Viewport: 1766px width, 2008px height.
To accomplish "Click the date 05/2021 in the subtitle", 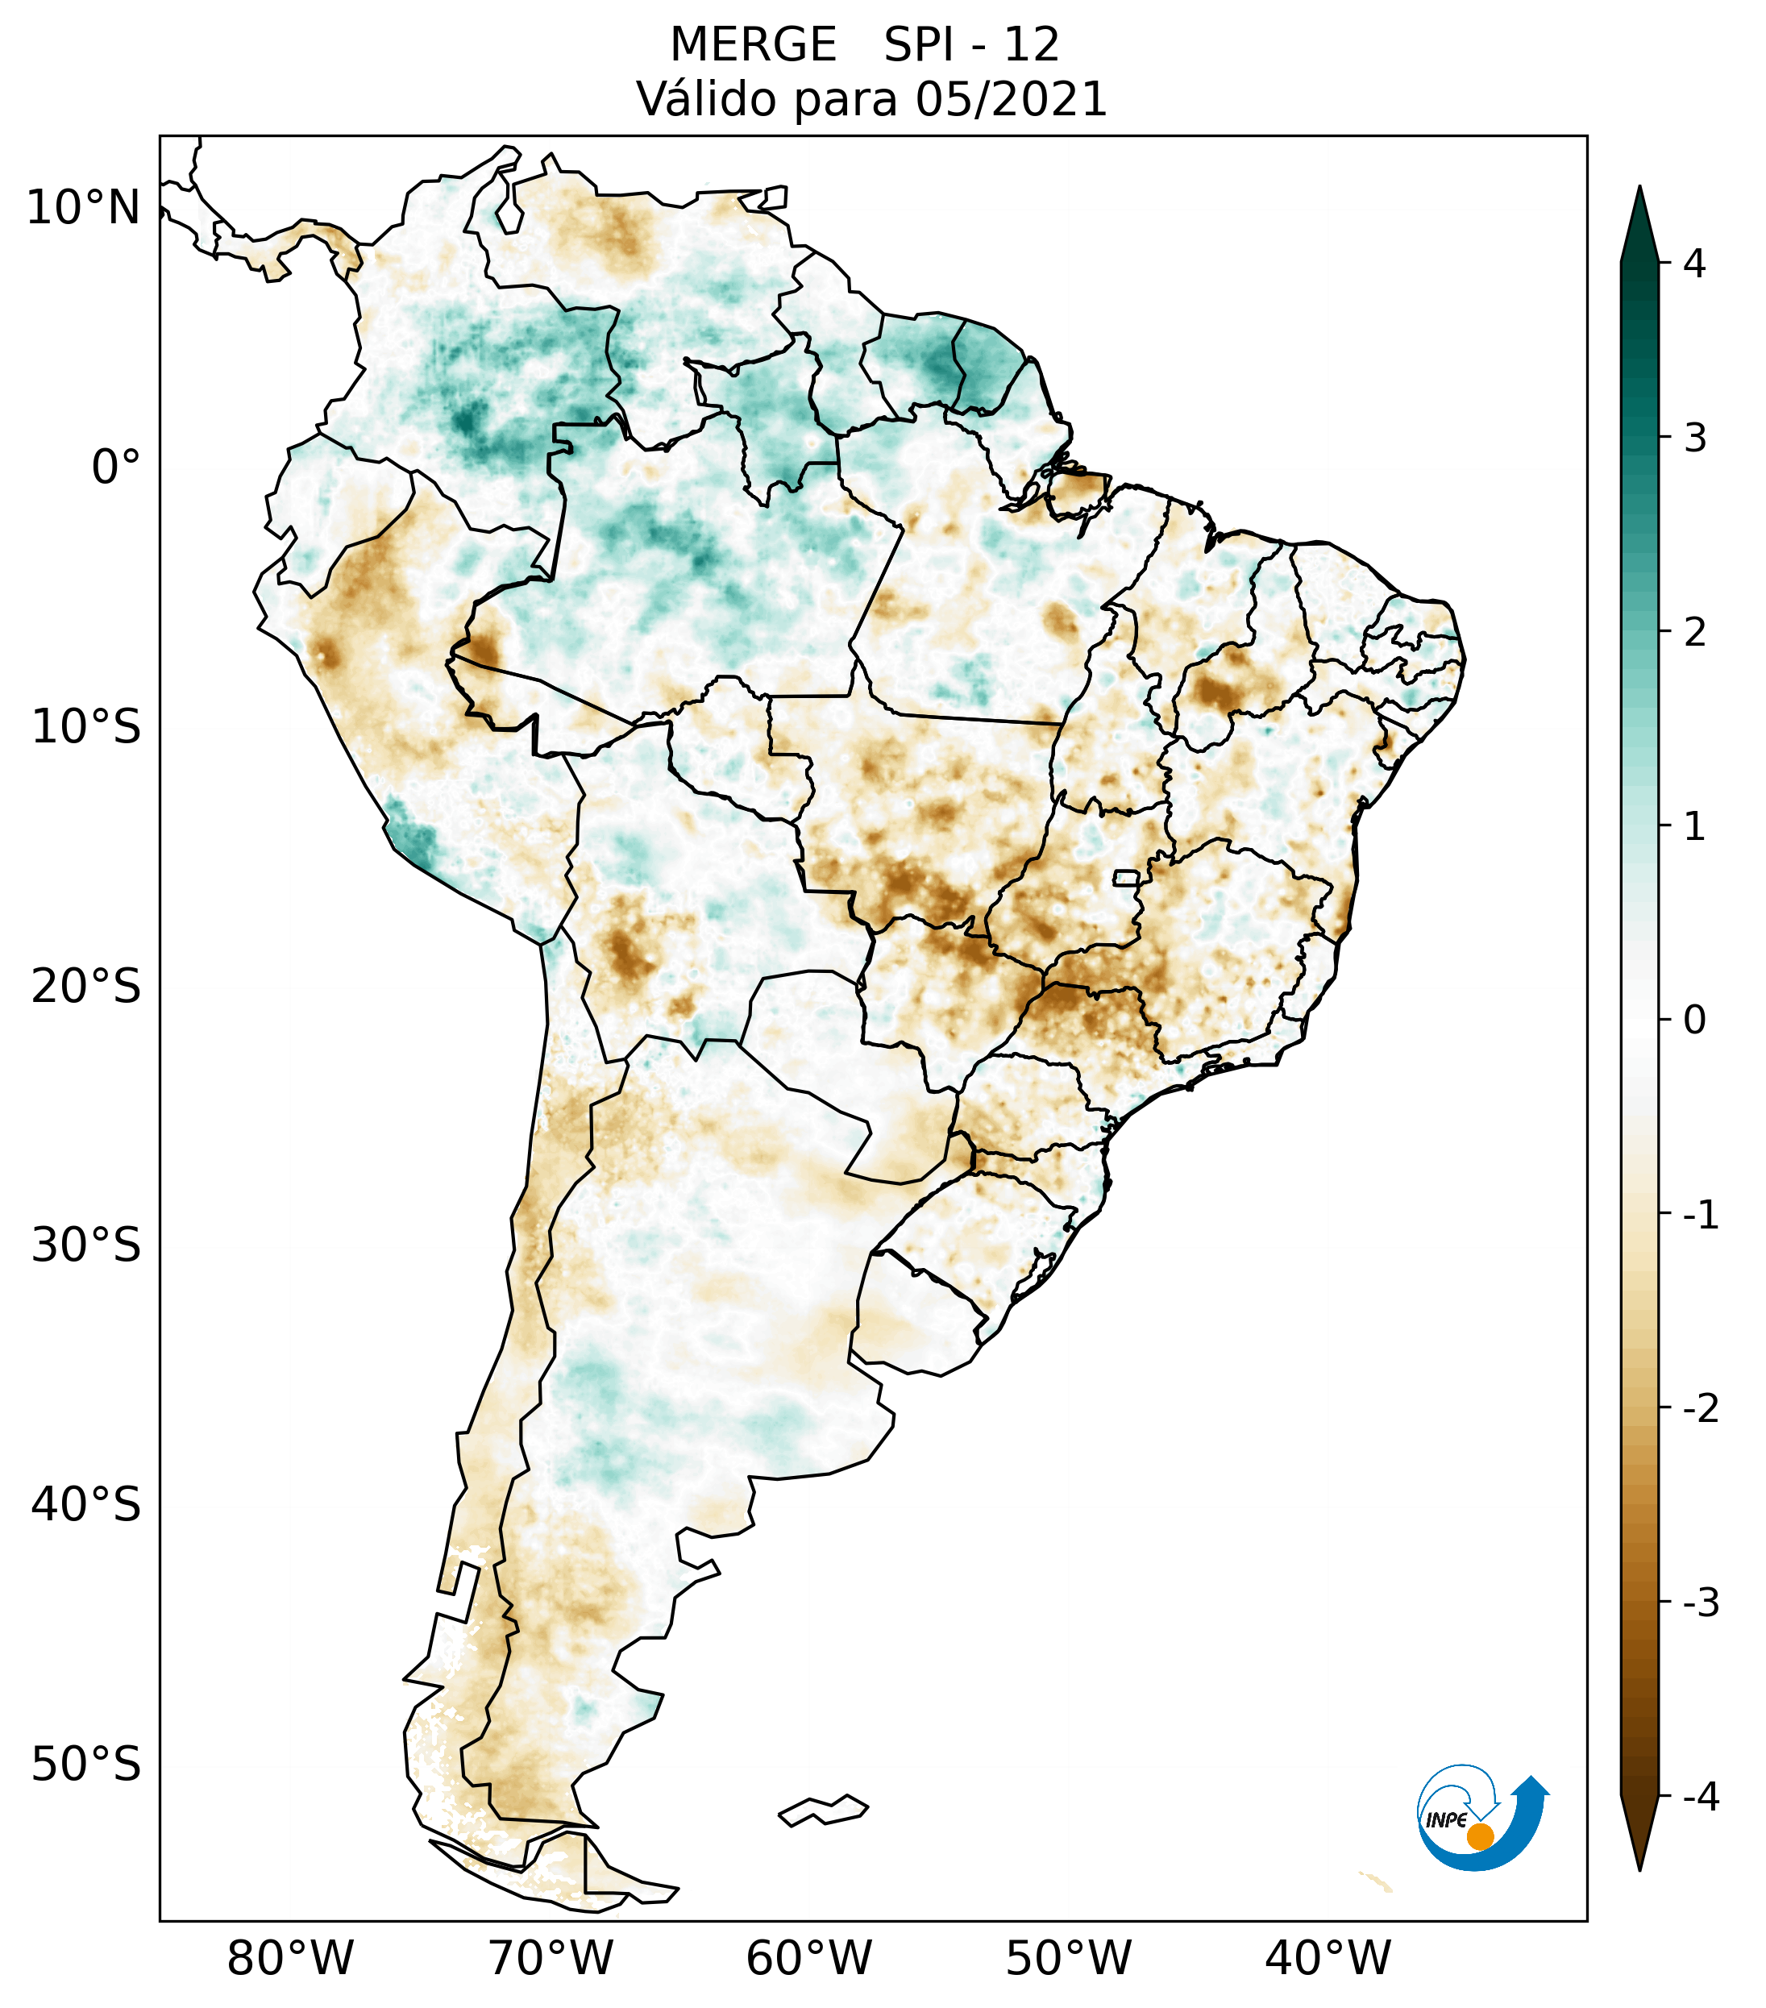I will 1011,99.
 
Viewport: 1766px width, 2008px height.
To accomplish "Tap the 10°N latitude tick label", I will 84,208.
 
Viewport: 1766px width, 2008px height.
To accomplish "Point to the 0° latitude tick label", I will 116,468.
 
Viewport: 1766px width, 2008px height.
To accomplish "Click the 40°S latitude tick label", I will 86,1505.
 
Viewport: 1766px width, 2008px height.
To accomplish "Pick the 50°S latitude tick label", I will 86,1765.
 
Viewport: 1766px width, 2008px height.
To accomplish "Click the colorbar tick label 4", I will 1694,264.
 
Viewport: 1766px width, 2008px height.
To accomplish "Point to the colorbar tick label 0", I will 1694,1021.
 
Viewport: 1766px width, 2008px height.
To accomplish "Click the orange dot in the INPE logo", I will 1479,1835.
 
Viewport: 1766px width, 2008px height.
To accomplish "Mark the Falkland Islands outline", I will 823,1810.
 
